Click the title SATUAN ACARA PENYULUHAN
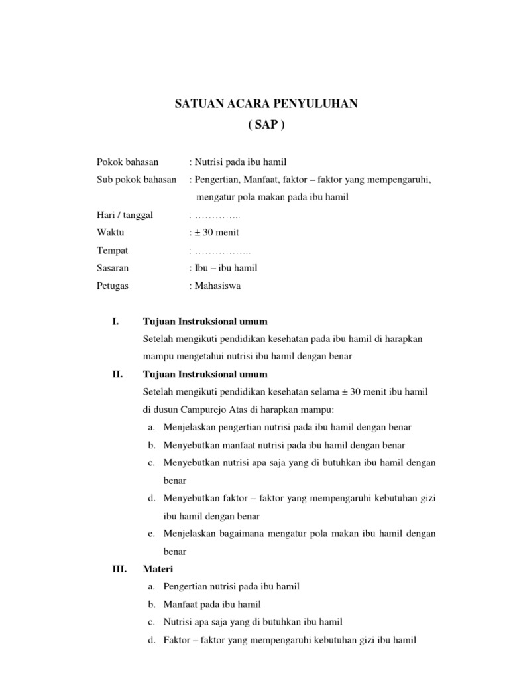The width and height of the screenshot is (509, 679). pos(265,103)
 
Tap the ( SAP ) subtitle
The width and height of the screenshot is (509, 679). pos(265,125)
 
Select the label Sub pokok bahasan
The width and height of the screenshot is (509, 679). pos(137,179)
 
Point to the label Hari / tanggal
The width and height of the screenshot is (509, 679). pos(125,215)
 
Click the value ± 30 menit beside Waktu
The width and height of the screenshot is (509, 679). pos(216,233)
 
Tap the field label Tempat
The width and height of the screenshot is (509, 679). pos(112,251)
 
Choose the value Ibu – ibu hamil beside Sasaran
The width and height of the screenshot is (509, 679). pos(225,269)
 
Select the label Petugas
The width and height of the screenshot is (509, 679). pos(113,286)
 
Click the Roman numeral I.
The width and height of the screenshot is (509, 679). pos(116,322)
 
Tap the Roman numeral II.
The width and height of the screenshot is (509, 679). pos(118,375)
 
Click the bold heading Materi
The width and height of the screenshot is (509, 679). pos(158,569)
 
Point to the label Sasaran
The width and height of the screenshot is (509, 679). pos(113,269)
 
